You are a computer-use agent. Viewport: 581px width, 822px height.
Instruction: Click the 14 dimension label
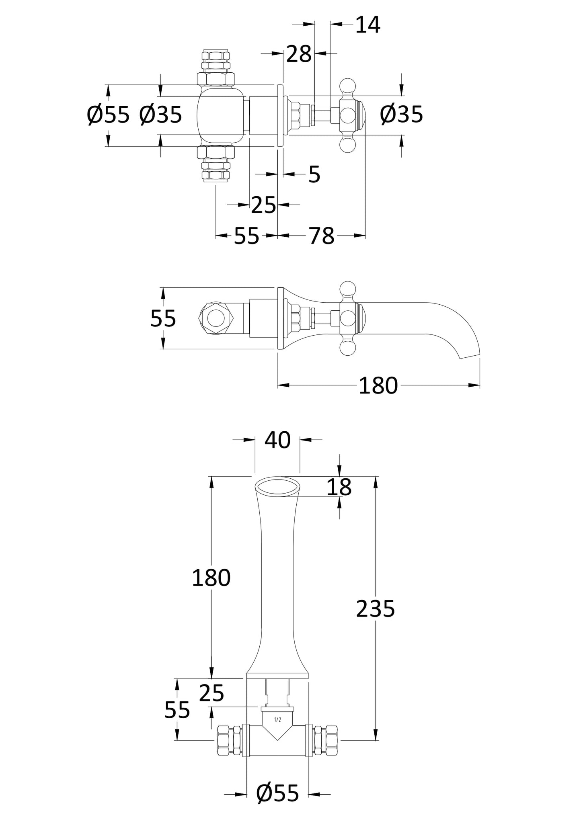(368, 25)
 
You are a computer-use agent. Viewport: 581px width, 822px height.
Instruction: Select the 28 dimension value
(299, 54)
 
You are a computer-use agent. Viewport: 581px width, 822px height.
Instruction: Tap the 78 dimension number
(321, 236)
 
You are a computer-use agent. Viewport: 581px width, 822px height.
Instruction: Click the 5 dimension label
(314, 175)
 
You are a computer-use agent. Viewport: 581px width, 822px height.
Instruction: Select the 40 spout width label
(277, 440)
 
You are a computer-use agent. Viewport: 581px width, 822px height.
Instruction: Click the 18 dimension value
(339, 488)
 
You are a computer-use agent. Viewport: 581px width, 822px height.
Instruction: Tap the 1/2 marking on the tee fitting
(277, 720)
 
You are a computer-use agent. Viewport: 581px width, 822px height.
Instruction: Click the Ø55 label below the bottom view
(278, 793)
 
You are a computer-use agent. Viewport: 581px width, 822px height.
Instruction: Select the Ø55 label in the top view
(108, 115)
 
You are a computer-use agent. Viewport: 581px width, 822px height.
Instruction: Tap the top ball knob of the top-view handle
(348, 86)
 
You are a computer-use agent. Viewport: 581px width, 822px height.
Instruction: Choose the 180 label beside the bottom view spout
(211, 578)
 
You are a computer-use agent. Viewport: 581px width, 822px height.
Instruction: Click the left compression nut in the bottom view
(228, 740)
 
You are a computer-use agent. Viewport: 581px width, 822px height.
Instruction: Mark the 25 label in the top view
(264, 205)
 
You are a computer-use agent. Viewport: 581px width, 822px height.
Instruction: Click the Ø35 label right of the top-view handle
(401, 115)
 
